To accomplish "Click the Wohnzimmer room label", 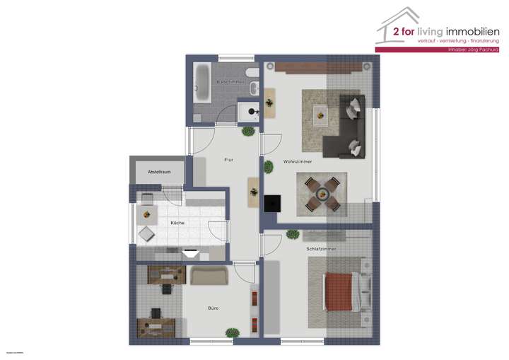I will pos(298,162).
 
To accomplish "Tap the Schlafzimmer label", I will pos(321,250).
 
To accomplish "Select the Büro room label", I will pos(213,308).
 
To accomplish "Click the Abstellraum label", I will pos(159,172).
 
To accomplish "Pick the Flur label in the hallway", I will pos(228,161).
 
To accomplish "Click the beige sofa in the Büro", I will pos(209,275).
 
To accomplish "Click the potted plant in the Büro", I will pos(232,332).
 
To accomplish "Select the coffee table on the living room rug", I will pos(322,112).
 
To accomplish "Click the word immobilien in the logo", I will pos(472,31).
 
